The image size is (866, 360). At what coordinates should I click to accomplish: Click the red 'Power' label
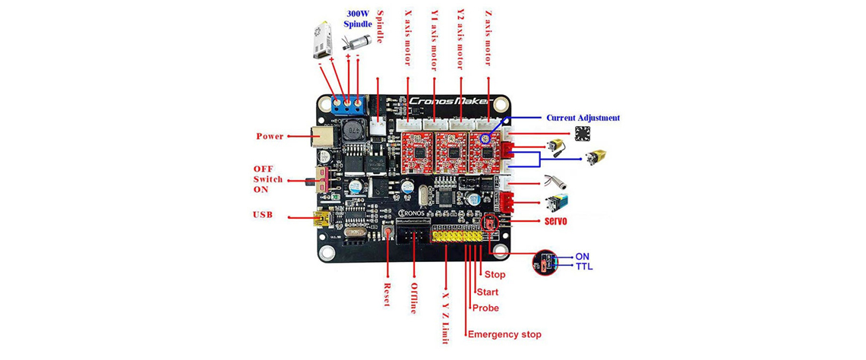270,137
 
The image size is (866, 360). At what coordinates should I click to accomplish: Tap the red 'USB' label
263,215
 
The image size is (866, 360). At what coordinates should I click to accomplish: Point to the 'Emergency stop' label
504,334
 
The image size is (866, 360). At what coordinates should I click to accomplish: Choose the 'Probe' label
485,308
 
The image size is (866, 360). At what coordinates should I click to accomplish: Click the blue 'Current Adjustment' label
583,118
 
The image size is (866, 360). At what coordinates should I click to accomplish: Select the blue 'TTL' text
584,267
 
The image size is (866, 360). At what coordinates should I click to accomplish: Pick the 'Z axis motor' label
488,37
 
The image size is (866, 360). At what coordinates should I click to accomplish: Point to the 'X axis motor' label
408,37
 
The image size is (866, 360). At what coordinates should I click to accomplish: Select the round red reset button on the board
388,232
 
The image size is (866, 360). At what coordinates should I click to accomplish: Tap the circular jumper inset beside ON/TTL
546,263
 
